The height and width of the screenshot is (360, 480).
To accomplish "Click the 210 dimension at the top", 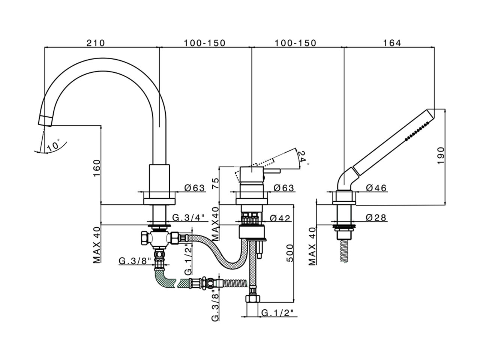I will tap(96, 43).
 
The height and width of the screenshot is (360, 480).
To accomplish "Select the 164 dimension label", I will tap(392, 43).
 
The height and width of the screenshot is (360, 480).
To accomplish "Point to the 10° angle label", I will tap(54, 145).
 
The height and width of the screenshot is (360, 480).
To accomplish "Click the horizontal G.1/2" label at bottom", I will tap(277, 312).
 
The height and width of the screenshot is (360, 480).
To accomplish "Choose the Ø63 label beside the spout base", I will tap(195, 188).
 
